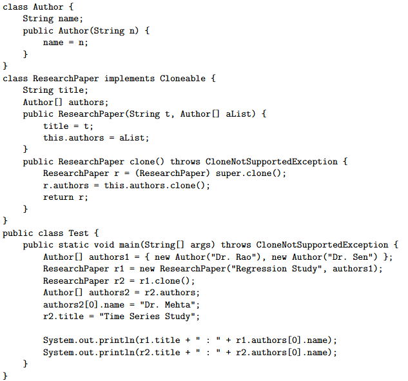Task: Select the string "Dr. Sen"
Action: pyautogui.click(x=350, y=257)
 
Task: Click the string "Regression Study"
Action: pyautogui.click(x=276, y=269)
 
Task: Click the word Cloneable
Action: pyautogui.click(x=182, y=79)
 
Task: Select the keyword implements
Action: pyautogui.click(x=130, y=79)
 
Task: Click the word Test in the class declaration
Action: pyautogui.click(x=79, y=233)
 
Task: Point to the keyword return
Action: pyautogui.click(x=58, y=197)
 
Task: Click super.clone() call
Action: pyautogui.click(x=251, y=173)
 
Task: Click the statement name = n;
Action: pyautogui.click(x=66, y=43)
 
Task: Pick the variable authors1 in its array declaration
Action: pyautogui.click(x=109, y=257)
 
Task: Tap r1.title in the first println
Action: pyautogui.click(x=160, y=340)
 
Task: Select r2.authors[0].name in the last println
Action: pyautogui.click(x=284, y=353)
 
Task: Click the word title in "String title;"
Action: pyautogui.click(x=71, y=90)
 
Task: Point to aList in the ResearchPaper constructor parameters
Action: pyautogui.click(x=238, y=114)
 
